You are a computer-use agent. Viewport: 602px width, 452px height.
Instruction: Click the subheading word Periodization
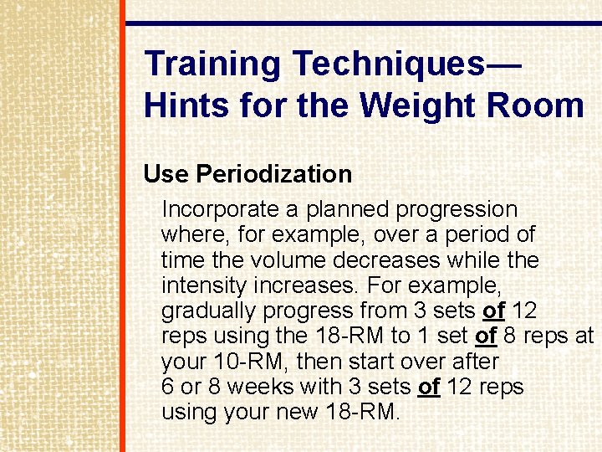(x=273, y=174)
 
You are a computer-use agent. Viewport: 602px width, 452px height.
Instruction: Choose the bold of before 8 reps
(x=486, y=336)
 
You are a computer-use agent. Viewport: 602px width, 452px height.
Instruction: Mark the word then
(x=318, y=362)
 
